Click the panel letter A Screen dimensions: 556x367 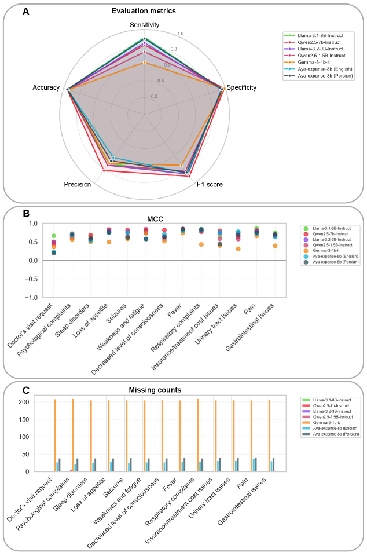(x=26, y=10)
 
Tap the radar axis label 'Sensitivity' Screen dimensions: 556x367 (x=144, y=25)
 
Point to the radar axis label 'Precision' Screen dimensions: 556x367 (x=77, y=185)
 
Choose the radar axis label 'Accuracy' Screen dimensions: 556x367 (x=46, y=88)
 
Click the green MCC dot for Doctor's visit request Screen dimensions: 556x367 (x=53, y=236)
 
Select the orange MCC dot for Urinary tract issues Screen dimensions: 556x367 (x=238, y=249)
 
